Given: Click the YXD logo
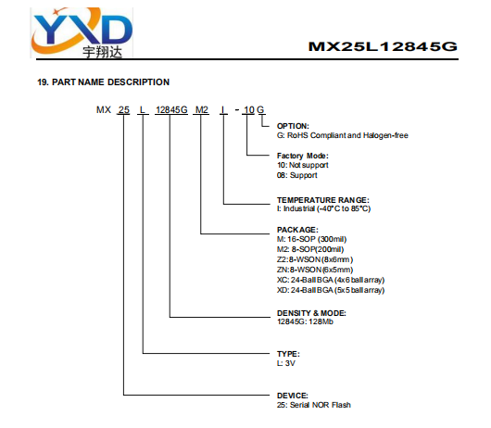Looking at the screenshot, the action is pyautogui.click(x=82, y=32).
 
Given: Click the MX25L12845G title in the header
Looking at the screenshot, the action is pyautogui.click(x=383, y=46).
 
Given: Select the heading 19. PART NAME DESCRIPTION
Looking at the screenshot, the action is pyautogui.click(x=104, y=82).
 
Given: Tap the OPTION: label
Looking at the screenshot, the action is pyautogui.click(x=293, y=126).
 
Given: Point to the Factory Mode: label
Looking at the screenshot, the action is pyautogui.click(x=303, y=156).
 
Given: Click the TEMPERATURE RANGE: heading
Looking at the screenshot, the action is pyautogui.click(x=322, y=200).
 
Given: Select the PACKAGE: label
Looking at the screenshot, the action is pyautogui.click(x=297, y=230).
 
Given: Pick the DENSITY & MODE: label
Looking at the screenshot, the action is pyautogui.click(x=311, y=313).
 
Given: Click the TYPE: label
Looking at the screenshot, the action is pyautogui.click(x=288, y=354).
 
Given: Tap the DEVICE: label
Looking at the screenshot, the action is pyautogui.click(x=293, y=396).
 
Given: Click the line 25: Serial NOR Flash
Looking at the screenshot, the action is pyautogui.click(x=314, y=405).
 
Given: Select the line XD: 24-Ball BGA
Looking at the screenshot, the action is pyautogui.click(x=331, y=290).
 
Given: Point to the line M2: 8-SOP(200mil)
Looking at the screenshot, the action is pyautogui.click(x=310, y=249).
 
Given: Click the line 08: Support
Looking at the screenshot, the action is pyautogui.click(x=296, y=175).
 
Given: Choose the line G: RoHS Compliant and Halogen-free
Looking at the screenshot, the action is pyautogui.click(x=343, y=135).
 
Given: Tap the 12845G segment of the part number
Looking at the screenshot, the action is pyautogui.click(x=171, y=110).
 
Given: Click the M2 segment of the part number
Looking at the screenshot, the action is pyautogui.click(x=201, y=110).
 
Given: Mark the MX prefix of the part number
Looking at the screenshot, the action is pyautogui.click(x=104, y=110).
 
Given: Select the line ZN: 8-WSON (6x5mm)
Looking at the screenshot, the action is pyautogui.click(x=315, y=270).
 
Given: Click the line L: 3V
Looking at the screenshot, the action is pyautogui.click(x=286, y=363).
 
